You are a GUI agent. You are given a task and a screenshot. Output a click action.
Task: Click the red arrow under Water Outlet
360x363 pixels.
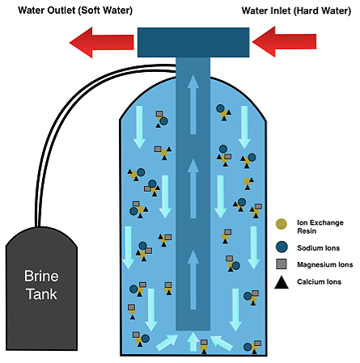102,42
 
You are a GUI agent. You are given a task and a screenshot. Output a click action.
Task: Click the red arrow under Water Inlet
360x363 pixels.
284,41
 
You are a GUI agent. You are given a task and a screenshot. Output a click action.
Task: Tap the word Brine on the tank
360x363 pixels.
41,276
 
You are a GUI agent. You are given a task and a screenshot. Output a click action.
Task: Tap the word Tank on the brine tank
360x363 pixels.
42,293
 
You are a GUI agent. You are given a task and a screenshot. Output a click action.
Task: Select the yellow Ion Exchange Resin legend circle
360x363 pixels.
282,224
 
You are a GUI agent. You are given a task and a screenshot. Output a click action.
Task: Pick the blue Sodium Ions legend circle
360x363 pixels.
282,247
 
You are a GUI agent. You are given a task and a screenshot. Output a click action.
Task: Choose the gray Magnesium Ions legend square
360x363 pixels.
282,264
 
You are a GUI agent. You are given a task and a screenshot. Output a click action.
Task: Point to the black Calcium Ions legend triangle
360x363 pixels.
282,283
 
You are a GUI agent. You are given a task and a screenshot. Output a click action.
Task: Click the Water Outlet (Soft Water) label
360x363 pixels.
75,11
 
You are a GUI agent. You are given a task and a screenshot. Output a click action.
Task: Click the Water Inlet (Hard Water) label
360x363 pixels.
296,11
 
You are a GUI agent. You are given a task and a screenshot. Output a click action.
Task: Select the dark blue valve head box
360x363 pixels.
193,42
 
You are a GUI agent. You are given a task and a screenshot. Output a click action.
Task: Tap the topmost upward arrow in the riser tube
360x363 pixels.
193,104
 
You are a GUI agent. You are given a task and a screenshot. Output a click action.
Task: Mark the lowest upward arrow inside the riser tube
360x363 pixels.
193,280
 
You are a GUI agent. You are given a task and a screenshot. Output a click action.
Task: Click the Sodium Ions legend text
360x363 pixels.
318,248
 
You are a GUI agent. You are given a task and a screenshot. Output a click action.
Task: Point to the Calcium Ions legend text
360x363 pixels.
319,282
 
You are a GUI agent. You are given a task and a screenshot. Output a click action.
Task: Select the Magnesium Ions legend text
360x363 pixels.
325,264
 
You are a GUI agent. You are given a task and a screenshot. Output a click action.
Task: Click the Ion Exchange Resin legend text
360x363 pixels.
320,226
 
